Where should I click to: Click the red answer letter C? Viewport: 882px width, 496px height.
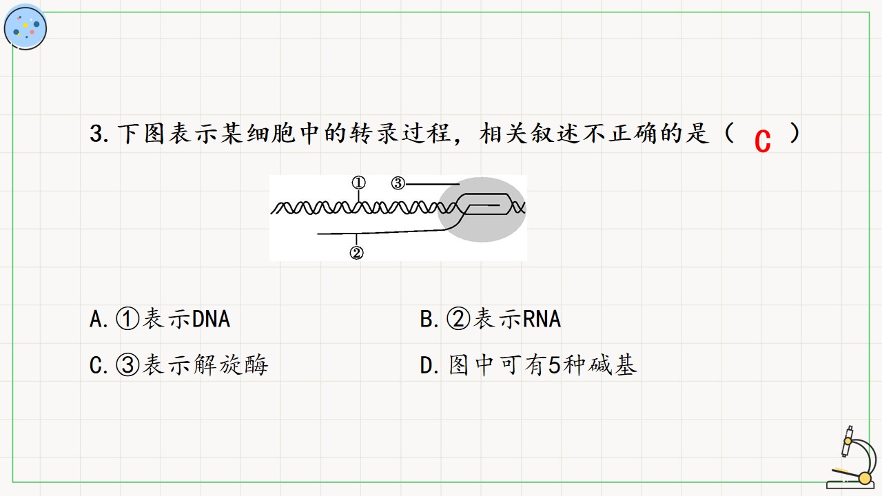762,141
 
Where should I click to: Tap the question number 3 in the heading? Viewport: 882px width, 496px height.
96,134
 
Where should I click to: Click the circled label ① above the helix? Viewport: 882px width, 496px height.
358,183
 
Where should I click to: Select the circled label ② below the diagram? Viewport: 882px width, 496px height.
357,252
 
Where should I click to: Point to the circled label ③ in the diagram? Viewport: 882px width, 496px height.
398,183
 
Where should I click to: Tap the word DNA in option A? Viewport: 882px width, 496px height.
211,319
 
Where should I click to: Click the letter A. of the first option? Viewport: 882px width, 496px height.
99,319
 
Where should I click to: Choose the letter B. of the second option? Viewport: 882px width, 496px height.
429,319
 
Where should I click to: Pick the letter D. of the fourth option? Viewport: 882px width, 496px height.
429,365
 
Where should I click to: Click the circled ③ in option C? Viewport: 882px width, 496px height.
127,365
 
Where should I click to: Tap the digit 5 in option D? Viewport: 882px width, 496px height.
554,365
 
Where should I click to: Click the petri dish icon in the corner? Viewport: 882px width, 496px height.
25,28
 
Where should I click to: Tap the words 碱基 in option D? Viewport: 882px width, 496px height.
613,365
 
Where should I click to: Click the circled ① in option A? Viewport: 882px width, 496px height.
127,318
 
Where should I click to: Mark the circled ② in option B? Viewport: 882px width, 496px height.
458,318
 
